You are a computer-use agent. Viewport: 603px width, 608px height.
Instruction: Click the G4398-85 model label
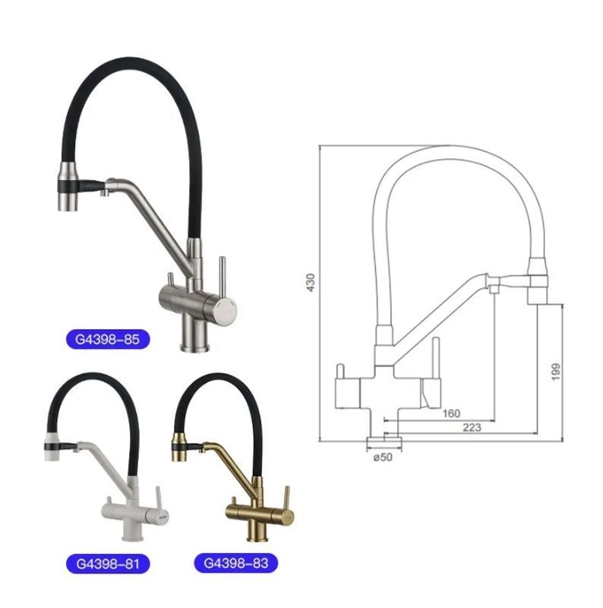[107, 339]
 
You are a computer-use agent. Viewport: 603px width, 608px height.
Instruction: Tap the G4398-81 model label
[107, 563]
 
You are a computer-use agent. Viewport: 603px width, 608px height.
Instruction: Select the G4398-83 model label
[235, 562]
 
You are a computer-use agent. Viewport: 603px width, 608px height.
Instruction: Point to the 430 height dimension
[311, 282]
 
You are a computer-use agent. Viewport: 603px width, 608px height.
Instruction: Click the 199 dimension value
[556, 372]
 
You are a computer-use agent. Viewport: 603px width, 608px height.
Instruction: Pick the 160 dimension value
[451, 413]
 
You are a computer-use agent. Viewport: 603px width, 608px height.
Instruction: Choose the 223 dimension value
[472, 427]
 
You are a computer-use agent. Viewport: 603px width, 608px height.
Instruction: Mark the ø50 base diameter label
[383, 458]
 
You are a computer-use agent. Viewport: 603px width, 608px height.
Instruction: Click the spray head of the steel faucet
[68, 187]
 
